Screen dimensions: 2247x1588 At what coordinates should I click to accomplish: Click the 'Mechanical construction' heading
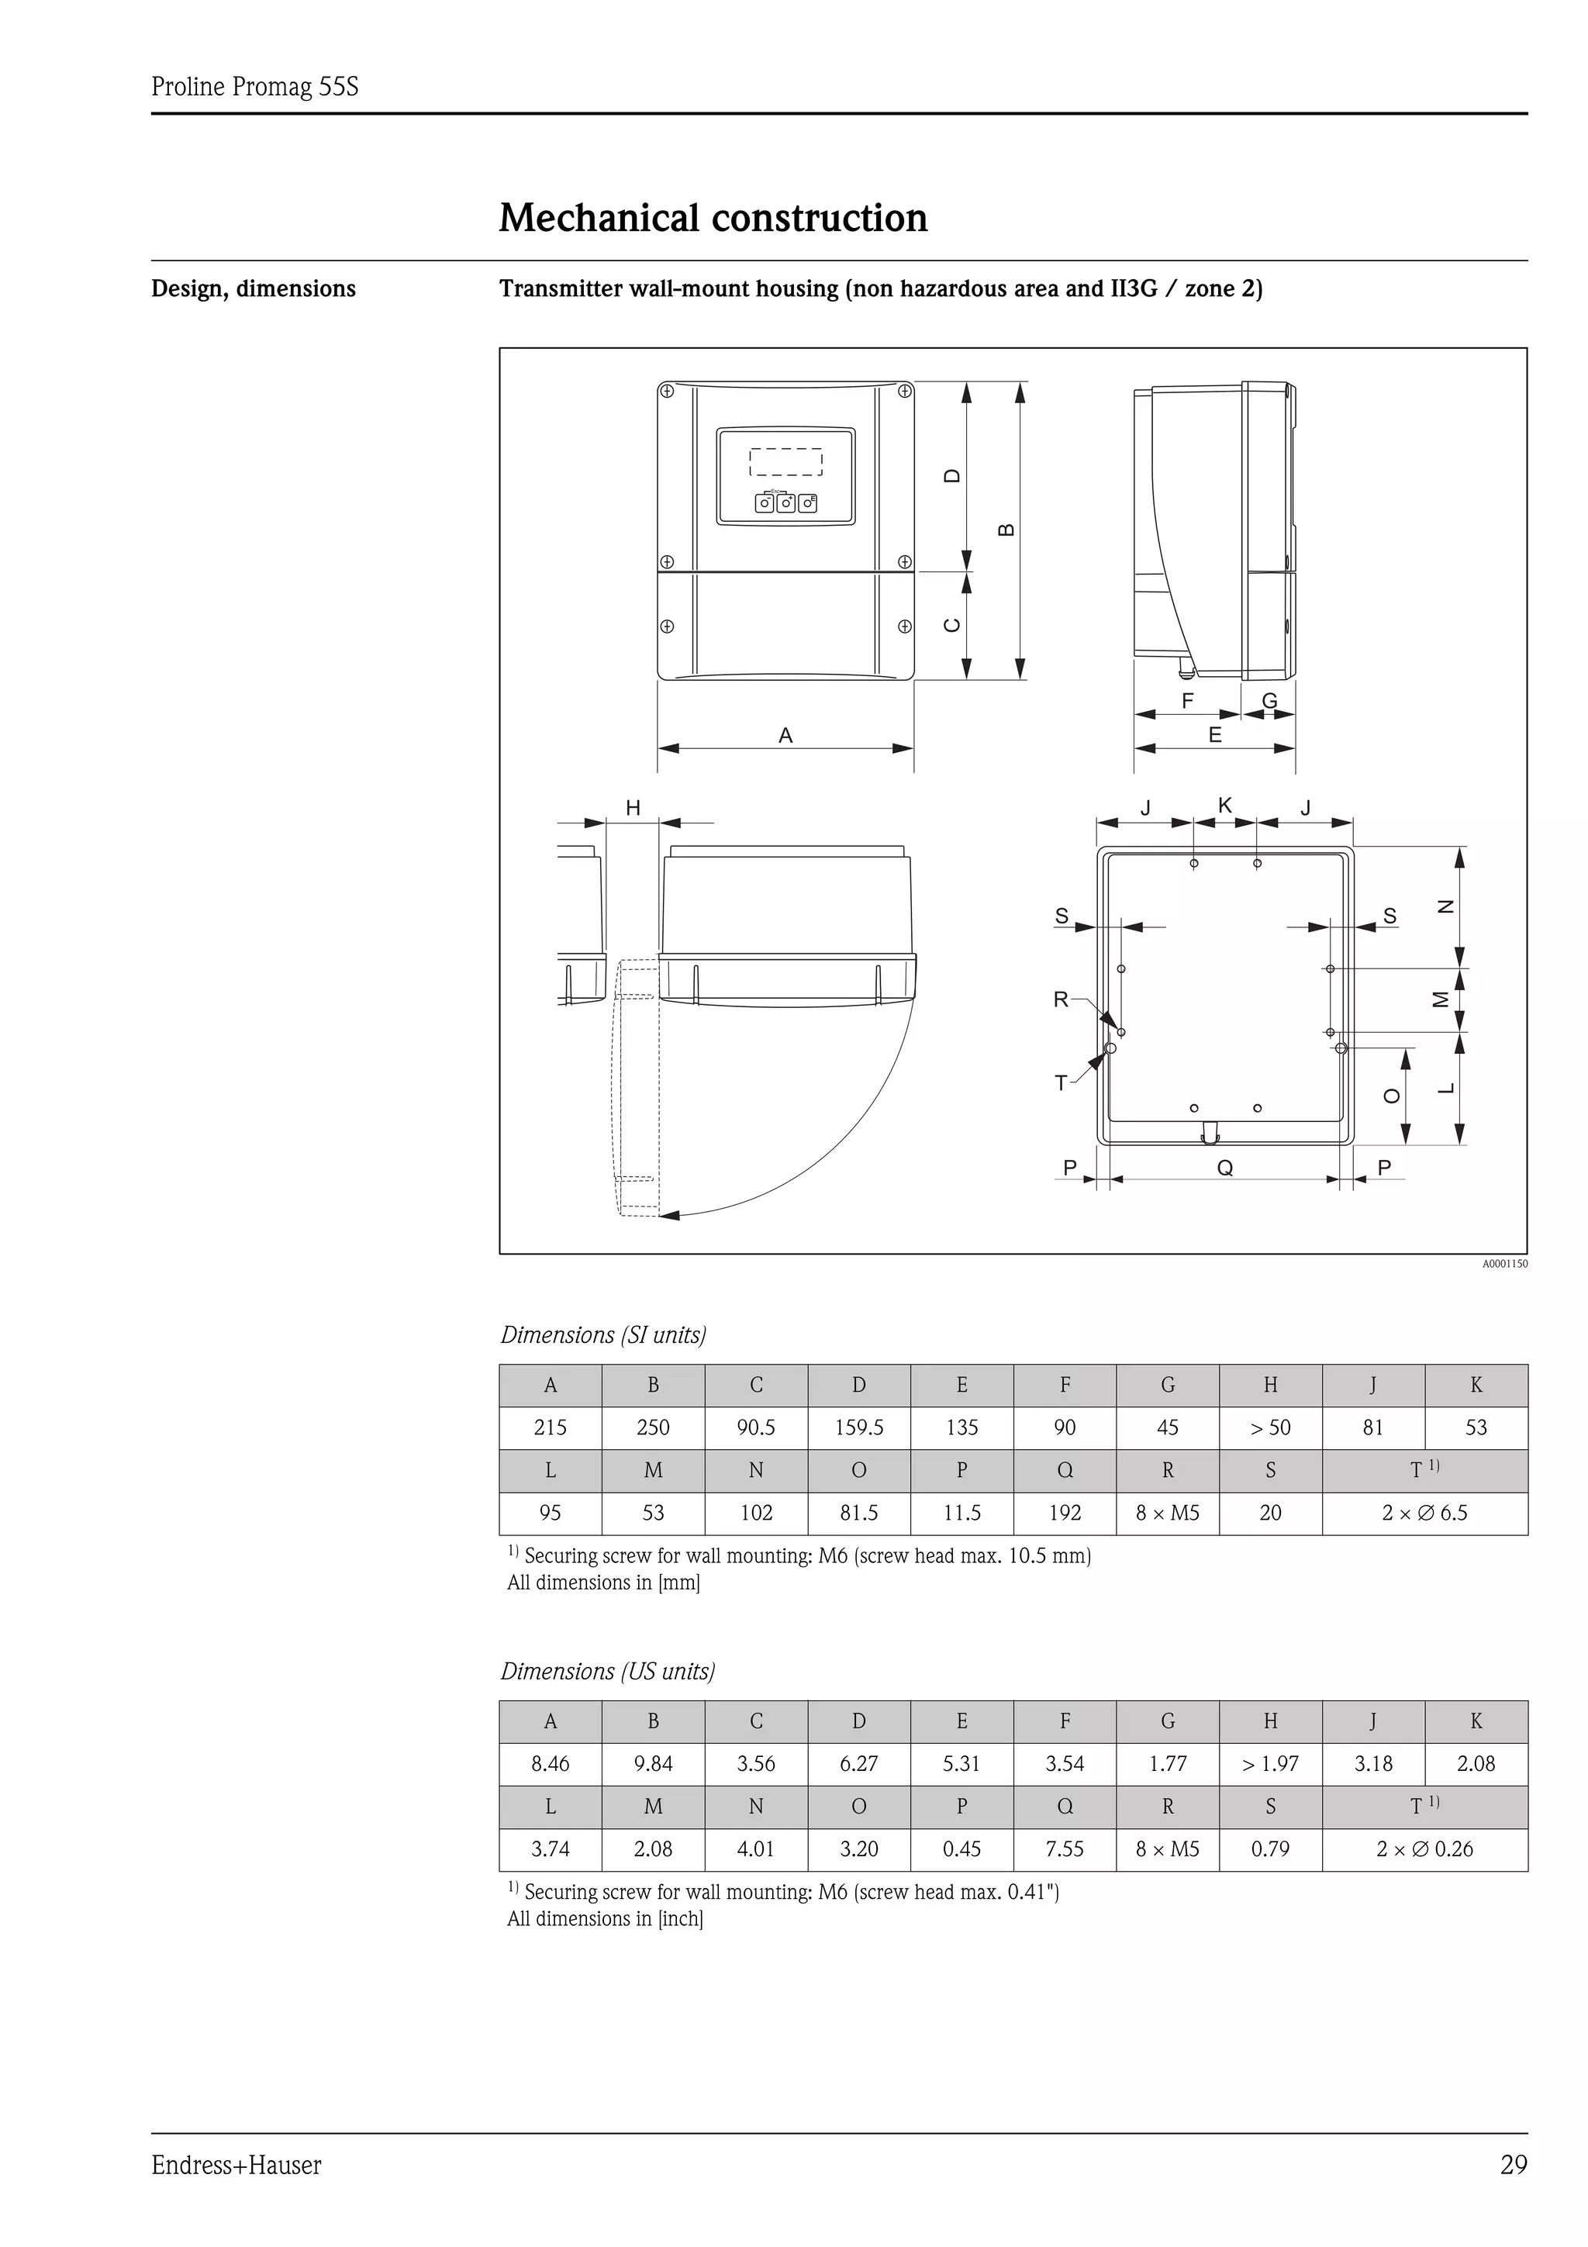coord(713,217)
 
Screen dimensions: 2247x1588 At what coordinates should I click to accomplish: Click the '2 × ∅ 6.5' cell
coord(1424,1512)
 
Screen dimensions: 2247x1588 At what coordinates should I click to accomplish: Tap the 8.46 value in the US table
coord(550,1763)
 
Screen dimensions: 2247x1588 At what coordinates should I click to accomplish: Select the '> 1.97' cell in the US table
coord(1270,1763)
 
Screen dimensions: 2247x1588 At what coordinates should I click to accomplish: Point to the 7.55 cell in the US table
coord(1065,1848)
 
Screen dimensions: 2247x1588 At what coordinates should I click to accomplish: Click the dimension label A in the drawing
coord(785,735)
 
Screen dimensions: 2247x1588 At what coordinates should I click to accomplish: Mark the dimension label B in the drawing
coord(1006,530)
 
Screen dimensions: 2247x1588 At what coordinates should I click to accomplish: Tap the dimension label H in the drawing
coord(633,807)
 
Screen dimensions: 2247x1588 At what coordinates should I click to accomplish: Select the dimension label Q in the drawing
coord(1224,1168)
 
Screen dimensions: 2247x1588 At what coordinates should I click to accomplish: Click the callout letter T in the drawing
coord(1061,1082)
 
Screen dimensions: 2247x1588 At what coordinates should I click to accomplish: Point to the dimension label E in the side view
coord(1214,735)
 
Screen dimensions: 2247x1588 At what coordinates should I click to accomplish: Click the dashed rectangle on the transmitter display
coord(785,462)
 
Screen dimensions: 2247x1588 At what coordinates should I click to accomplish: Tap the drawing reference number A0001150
coord(1503,1263)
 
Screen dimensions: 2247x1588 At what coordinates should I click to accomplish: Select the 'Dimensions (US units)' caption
coord(608,1671)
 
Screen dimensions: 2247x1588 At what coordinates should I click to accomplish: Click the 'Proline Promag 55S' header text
coord(254,87)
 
